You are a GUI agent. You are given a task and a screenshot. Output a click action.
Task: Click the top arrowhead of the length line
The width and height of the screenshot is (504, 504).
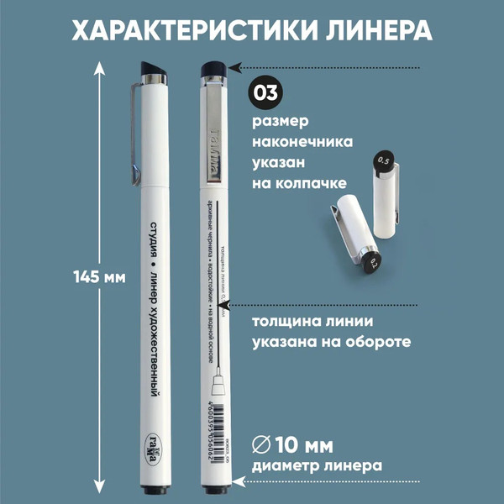pos(101,67)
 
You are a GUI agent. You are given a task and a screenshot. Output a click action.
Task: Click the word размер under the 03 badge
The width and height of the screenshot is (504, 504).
pos(281,121)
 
